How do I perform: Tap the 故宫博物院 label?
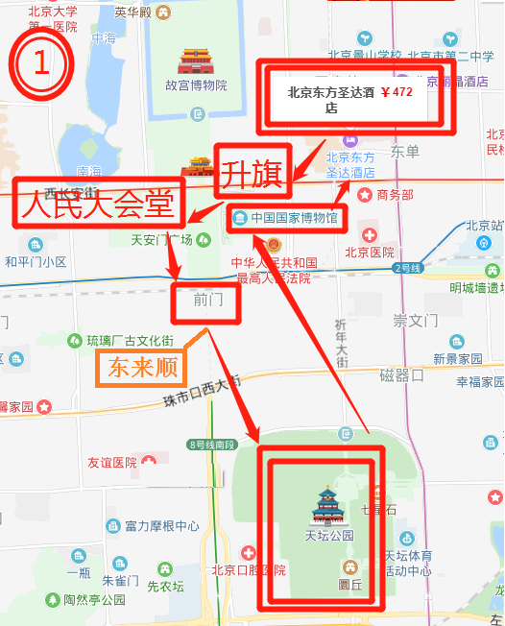point(196,85)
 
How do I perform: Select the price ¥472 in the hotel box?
point(397,93)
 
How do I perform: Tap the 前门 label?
point(207,300)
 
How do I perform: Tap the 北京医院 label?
point(370,253)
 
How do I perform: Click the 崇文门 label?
point(415,321)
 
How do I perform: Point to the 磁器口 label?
point(401,375)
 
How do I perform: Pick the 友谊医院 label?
point(112,463)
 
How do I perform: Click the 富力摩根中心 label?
point(161,526)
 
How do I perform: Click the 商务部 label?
point(395,195)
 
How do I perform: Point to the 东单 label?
point(405,152)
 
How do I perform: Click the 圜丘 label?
point(349,582)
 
